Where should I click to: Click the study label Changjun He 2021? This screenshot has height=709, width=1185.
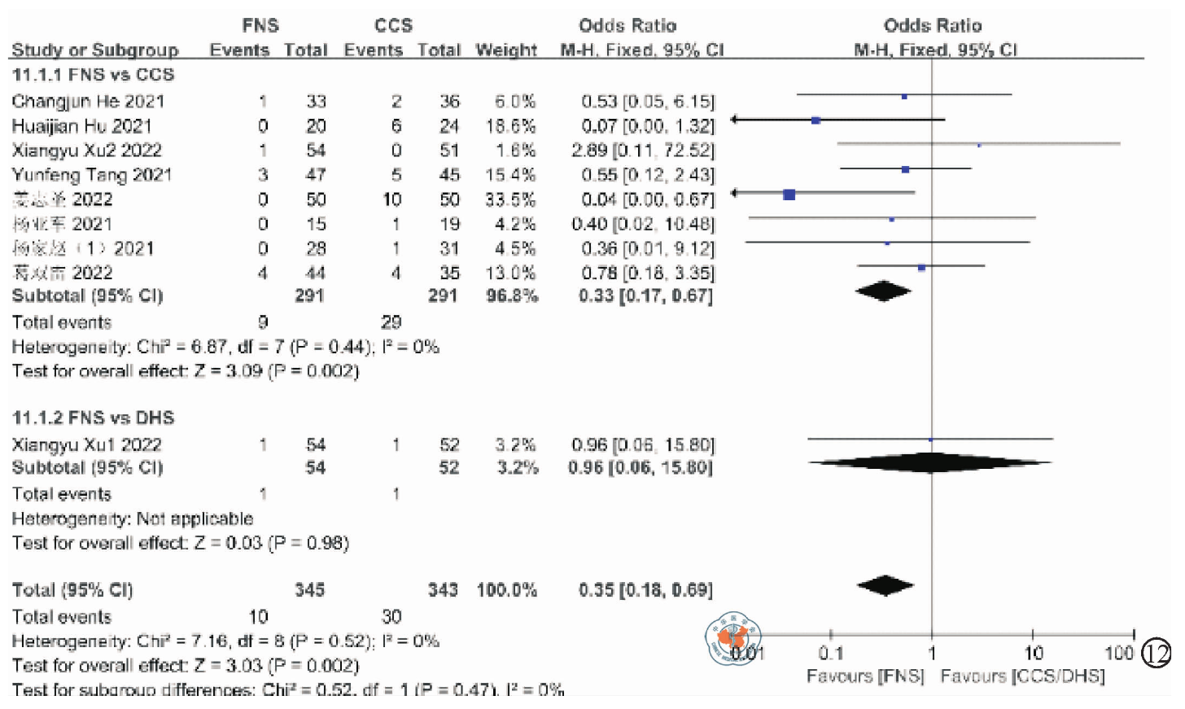click(88, 102)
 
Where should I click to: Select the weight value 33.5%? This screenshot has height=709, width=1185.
click(510, 199)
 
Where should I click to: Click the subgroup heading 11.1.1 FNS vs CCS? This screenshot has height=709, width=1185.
click(93, 75)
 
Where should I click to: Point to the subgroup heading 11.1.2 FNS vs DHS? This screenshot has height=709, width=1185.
click(93, 418)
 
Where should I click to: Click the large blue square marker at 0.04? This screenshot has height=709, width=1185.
click(789, 195)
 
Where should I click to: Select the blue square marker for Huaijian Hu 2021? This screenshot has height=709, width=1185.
click(816, 120)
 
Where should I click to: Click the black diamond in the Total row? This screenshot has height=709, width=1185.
click(885, 585)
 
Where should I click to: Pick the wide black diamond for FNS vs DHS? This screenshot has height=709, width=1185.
click(930, 463)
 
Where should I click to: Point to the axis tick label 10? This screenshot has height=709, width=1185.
click(1033, 653)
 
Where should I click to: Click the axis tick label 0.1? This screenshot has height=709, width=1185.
click(831, 653)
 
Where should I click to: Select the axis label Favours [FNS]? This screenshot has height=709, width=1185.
click(865, 676)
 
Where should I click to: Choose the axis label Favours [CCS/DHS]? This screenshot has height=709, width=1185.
click(1022, 676)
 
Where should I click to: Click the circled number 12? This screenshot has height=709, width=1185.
click(1156, 653)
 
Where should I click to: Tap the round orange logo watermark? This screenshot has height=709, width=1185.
click(733, 637)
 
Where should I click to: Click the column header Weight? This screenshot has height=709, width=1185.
click(506, 50)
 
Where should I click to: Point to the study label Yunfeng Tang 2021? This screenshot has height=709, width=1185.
click(92, 175)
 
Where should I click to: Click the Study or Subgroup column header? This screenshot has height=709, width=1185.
click(95, 50)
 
